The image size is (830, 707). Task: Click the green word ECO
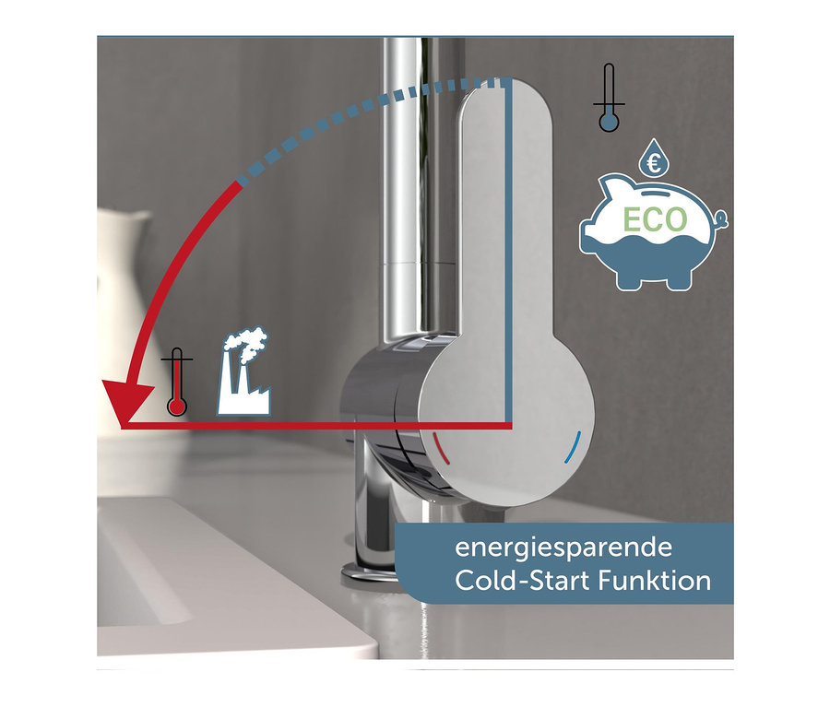point(655,219)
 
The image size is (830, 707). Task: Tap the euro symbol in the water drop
point(655,165)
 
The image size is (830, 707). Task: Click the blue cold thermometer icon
point(609,98)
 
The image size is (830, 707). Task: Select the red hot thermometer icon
point(177,382)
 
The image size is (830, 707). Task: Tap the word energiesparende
point(563,548)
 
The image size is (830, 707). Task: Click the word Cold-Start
point(522,581)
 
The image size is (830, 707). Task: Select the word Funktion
point(654,581)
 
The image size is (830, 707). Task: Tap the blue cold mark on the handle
point(573,448)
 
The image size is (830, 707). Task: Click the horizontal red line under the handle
point(317,426)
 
